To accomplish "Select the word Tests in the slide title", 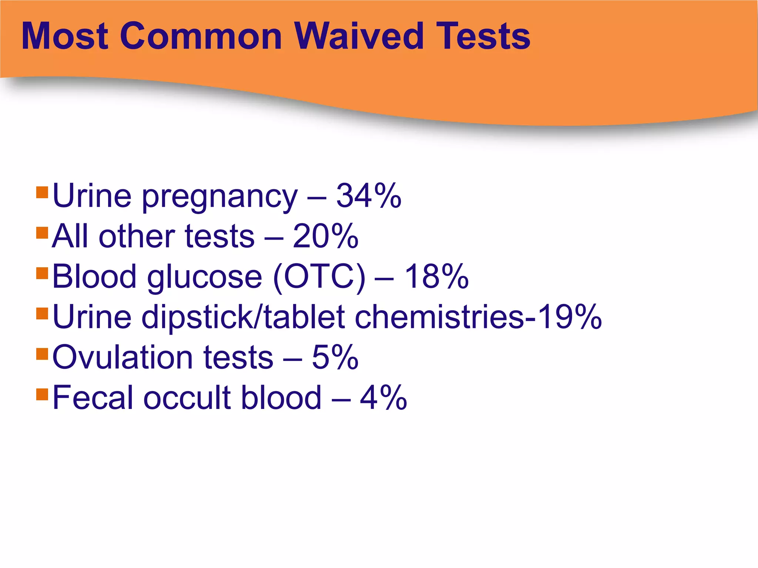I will click(x=483, y=36).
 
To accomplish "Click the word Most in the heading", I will click(x=65, y=36).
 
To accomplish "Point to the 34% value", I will click(x=369, y=196).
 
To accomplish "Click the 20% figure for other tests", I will click(x=325, y=236).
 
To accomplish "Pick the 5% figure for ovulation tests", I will click(x=335, y=357).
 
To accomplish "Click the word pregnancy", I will click(x=219, y=198).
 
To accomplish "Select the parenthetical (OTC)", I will click(x=319, y=277).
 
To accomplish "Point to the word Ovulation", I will click(x=123, y=357).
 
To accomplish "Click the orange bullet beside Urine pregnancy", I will click(x=43, y=192).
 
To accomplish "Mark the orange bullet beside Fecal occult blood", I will click(x=43, y=394).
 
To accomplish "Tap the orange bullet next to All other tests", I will click(x=43, y=233).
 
